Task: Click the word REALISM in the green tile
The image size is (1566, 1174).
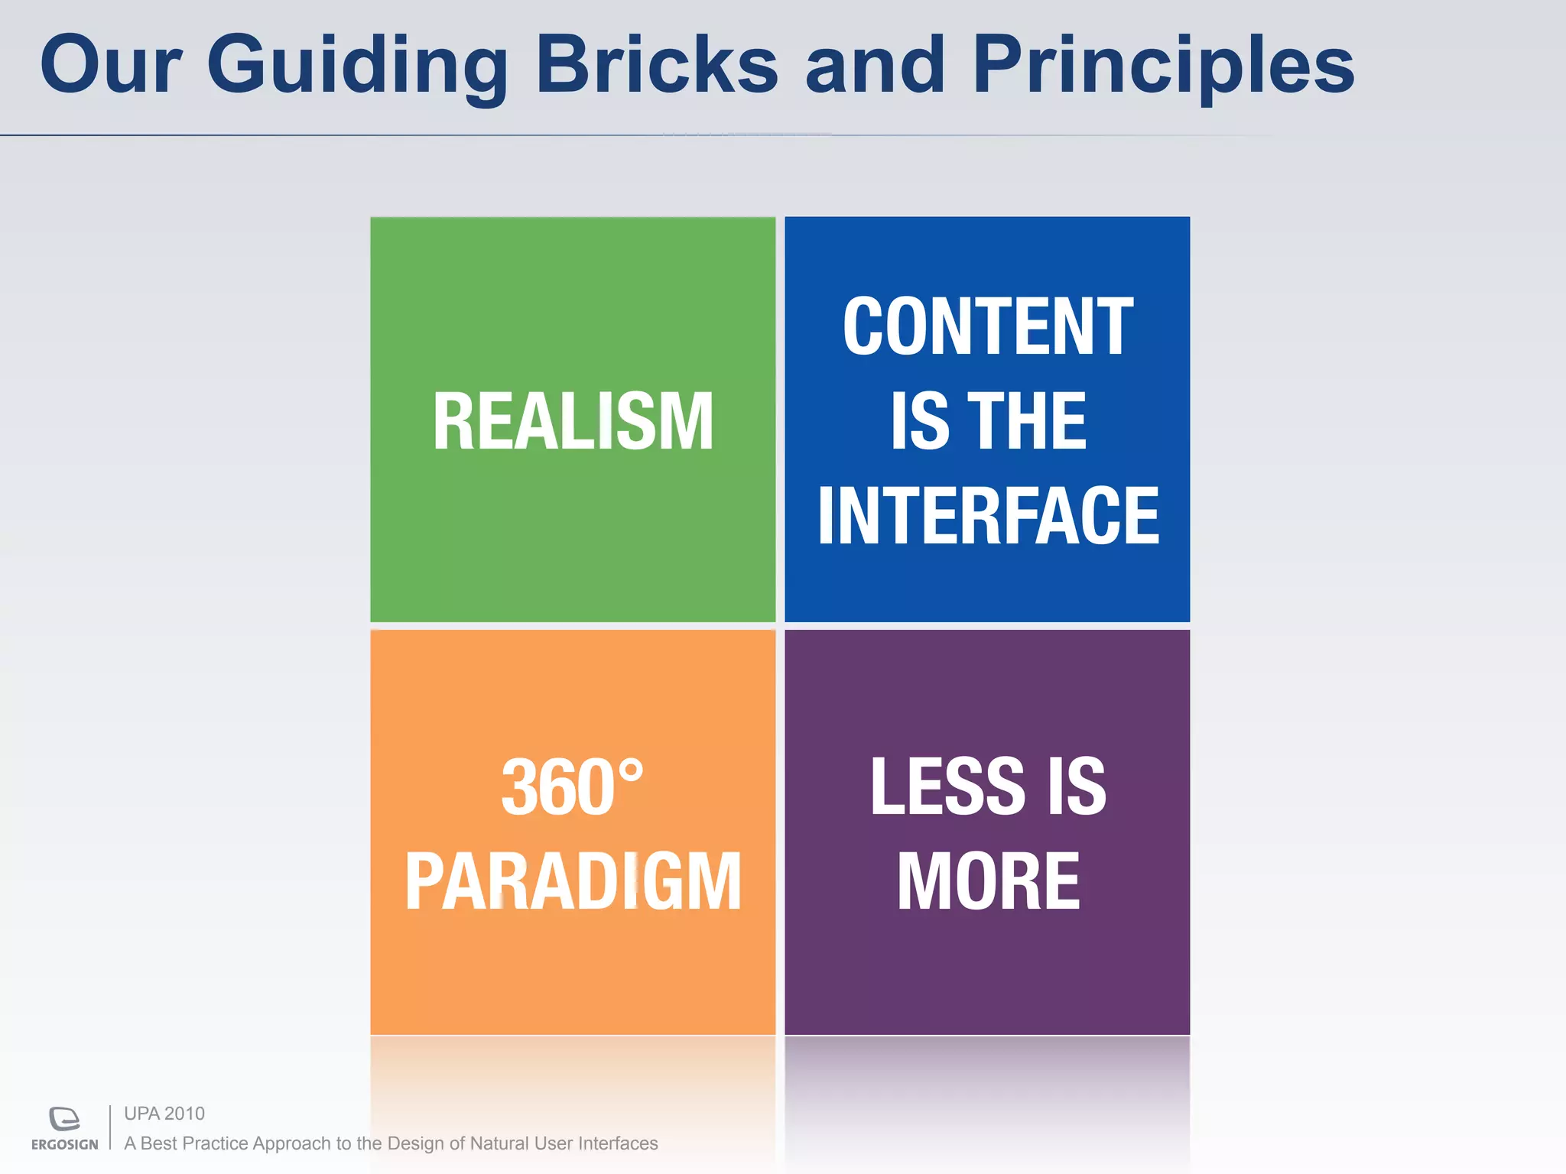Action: pos(573,421)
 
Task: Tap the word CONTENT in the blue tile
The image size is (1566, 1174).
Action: pos(987,326)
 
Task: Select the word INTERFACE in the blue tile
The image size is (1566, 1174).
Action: pos(987,516)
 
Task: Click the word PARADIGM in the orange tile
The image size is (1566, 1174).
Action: pos(573,882)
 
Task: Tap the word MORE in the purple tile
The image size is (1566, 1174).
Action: pos(987,882)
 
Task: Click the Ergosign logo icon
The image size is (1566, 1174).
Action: pos(64,1118)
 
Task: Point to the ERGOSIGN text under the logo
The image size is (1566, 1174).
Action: pos(64,1144)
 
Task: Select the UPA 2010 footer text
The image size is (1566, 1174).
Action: pos(164,1114)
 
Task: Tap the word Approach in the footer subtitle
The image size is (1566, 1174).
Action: pos(291,1144)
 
